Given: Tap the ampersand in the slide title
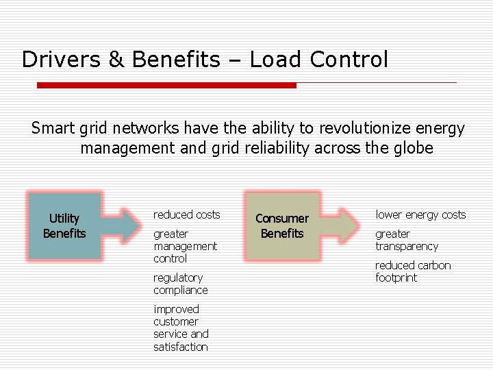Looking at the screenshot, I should pyautogui.click(x=116, y=60).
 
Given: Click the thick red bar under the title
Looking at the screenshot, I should pyautogui.click(x=166, y=86).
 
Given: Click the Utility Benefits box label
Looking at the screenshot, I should pyautogui.click(x=64, y=226).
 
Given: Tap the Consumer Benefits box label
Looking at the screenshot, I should pyautogui.click(x=282, y=226).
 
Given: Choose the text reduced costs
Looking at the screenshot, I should pyautogui.click(x=186, y=214).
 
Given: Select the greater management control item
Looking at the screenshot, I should pyautogui.click(x=185, y=246).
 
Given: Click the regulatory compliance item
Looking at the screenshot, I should pyautogui.click(x=180, y=284).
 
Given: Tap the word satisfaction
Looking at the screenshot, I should pyautogui.click(x=181, y=347).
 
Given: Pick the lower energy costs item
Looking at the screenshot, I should pyautogui.click(x=420, y=214).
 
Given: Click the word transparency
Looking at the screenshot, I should pyautogui.click(x=406, y=246).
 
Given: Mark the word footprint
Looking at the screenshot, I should pyautogui.click(x=396, y=277).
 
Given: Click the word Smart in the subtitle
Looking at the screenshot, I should pyautogui.click(x=53, y=128).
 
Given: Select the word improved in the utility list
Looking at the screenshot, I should pyautogui.click(x=176, y=309).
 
